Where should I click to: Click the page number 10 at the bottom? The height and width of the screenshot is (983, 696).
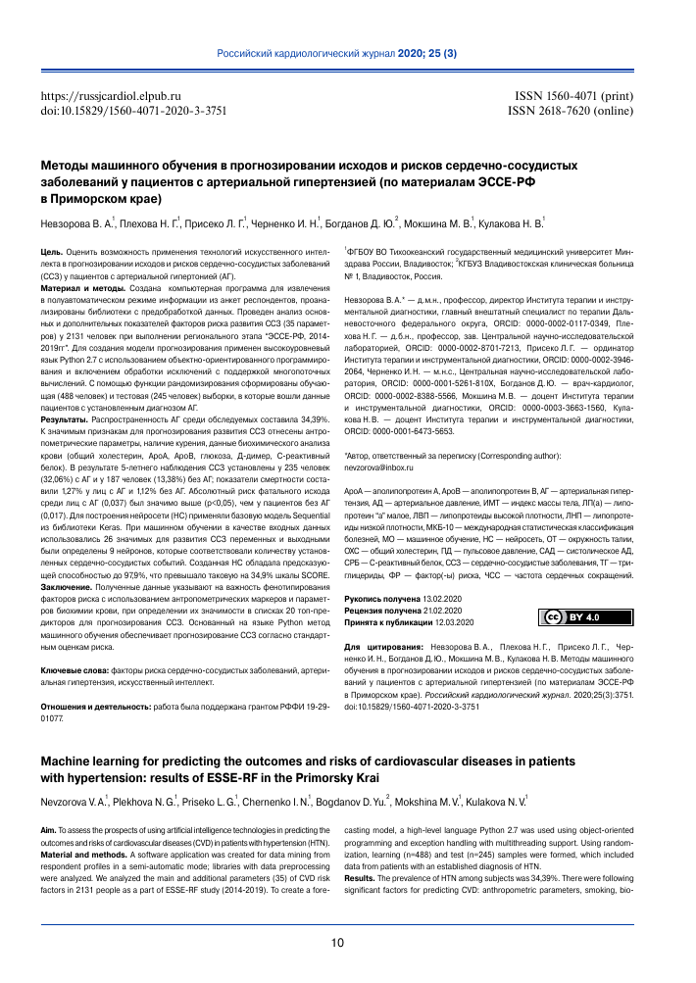point(337,943)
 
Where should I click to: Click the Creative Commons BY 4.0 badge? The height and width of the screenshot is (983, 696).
point(569,589)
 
